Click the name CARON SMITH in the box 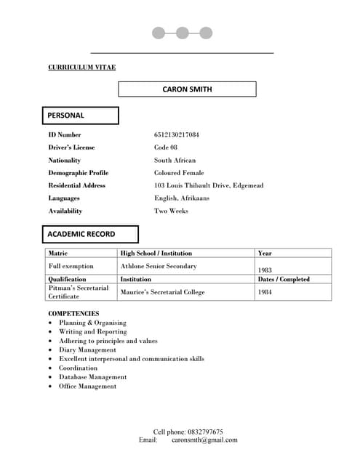click(x=188, y=89)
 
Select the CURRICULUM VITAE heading click(x=81, y=68)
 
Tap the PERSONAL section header click(x=66, y=116)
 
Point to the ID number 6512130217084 click(x=176, y=135)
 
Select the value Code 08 click(x=166, y=147)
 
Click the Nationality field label click(x=65, y=161)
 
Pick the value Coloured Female click(x=179, y=173)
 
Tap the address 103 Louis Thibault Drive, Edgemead click(x=209, y=186)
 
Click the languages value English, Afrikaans click(x=181, y=198)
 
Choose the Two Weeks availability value click(x=171, y=211)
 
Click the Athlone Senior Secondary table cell click(x=158, y=267)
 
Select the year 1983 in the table click(x=265, y=270)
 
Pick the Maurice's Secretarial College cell click(x=163, y=292)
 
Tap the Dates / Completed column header click(x=284, y=279)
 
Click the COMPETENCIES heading click(x=73, y=313)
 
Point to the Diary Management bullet click(x=87, y=350)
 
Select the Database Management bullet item click(x=93, y=377)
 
